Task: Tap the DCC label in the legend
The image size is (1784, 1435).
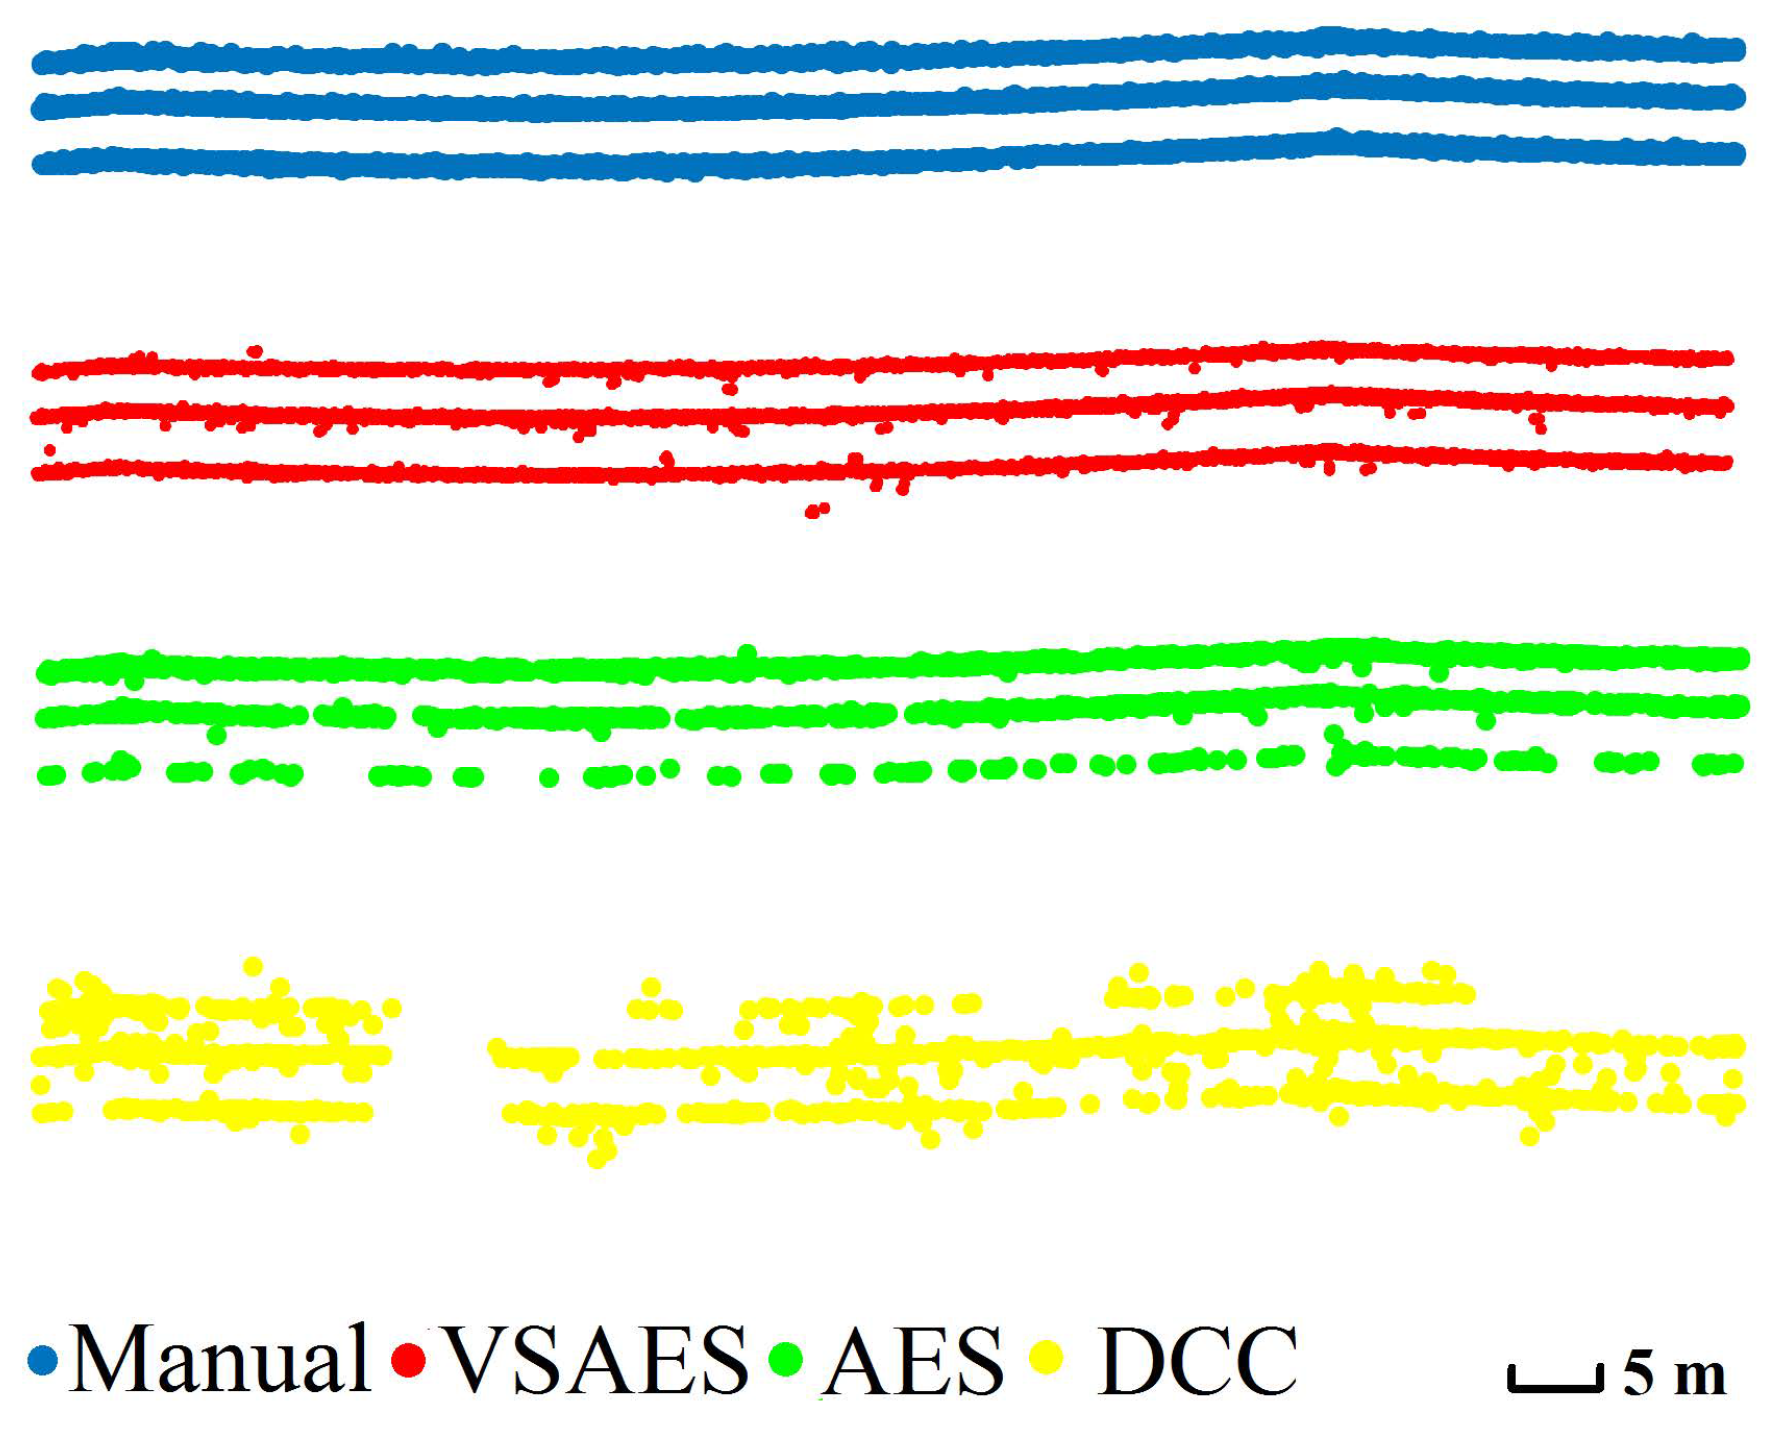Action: click(1197, 1360)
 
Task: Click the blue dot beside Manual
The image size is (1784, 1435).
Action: click(43, 1360)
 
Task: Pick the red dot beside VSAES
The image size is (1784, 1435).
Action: click(408, 1360)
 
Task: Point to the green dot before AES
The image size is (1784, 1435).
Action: click(786, 1358)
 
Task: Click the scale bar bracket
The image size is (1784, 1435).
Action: click(1555, 1380)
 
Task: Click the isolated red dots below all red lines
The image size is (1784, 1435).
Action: click(817, 511)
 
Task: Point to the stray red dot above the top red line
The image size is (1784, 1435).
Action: click(255, 351)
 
